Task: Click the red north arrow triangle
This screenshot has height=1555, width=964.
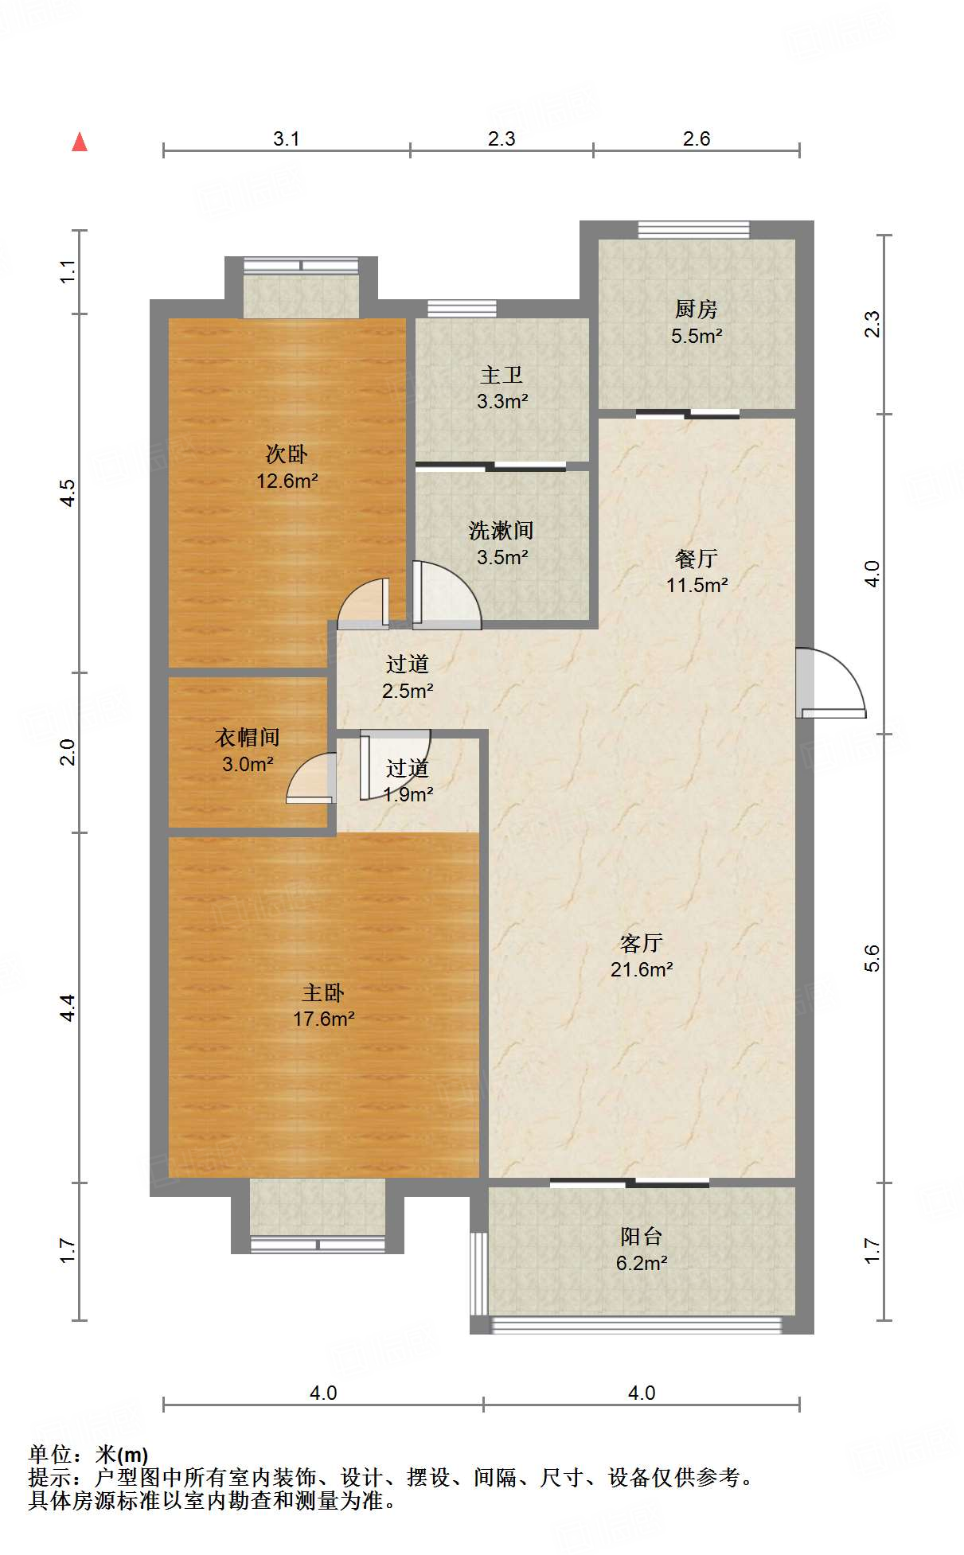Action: coord(80,142)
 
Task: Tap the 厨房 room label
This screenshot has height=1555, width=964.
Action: coord(696,309)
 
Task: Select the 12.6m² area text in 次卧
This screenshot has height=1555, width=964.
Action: coord(287,481)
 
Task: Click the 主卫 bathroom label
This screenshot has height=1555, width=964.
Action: coord(502,375)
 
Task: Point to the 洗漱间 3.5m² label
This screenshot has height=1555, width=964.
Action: coord(501,544)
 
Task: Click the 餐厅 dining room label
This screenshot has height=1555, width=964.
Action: coord(696,559)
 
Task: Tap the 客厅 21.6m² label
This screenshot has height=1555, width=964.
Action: coord(642,956)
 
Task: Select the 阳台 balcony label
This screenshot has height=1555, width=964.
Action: coord(641,1236)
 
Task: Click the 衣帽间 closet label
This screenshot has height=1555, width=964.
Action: coord(247,738)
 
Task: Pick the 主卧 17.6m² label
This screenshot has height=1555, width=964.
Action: coord(323,1005)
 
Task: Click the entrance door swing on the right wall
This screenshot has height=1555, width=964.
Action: coord(832,683)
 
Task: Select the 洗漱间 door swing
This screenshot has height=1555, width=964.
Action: coord(446,595)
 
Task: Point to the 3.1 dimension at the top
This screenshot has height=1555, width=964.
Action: coord(286,138)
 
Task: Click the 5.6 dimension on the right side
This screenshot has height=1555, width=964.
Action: coord(872,958)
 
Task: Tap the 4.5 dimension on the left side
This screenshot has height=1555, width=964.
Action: coord(68,493)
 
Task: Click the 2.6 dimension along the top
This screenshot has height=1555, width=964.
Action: coord(696,138)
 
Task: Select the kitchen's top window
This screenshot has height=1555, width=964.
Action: coord(693,229)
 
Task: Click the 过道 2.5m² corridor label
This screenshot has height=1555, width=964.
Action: coord(408,677)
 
